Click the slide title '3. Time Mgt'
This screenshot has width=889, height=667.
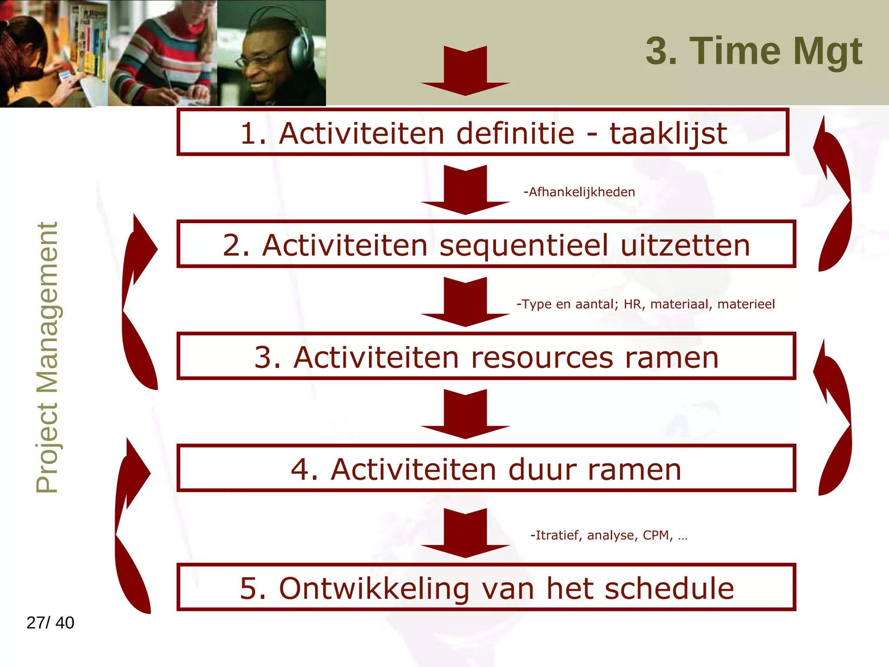[754, 51]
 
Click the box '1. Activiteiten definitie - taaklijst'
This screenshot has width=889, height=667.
[483, 132]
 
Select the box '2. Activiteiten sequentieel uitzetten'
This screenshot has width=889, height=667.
[486, 244]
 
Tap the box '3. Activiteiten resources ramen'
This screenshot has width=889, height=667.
[486, 357]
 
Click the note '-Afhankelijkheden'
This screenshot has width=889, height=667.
[579, 192]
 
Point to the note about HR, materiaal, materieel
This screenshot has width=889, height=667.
[645, 304]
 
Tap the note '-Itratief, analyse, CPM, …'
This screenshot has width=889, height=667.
[609, 535]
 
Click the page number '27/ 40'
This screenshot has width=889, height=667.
[50, 623]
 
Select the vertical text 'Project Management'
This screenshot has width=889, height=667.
[47, 357]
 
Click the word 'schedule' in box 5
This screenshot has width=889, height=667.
[669, 588]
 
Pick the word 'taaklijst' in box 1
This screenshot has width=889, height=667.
[668, 133]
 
